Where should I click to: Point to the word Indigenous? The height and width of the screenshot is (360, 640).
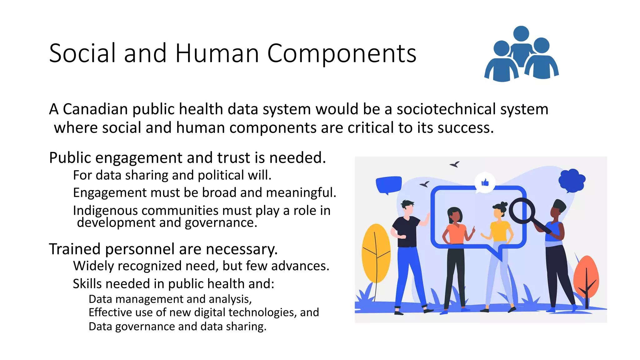[x=105, y=211]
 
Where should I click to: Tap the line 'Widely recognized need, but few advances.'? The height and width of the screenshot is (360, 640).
[x=201, y=266]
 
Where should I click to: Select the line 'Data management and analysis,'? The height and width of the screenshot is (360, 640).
[x=170, y=299]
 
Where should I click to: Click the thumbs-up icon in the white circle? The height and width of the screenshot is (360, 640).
[x=485, y=182]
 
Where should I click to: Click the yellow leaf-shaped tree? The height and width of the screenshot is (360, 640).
[x=376, y=253]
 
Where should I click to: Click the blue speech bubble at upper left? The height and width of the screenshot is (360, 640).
[x=388, y=184]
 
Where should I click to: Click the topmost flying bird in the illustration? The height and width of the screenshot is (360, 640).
[x=455, y=164]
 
